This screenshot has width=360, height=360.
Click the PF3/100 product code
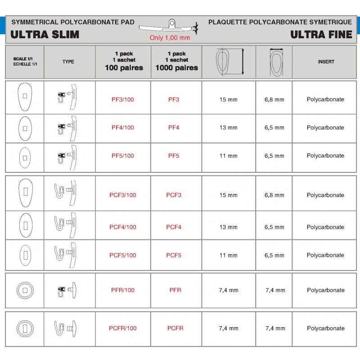122,99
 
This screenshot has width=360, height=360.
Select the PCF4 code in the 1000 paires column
174,227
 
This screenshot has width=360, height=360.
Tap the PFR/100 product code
122,290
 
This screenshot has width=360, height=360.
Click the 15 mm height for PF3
229,99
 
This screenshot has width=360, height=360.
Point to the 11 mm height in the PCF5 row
229,256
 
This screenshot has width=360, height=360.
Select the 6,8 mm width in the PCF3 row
274,195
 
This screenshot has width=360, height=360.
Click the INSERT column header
326,62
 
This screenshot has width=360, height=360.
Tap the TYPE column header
68,62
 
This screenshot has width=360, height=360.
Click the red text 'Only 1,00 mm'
170,38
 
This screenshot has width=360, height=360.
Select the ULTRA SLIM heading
45,35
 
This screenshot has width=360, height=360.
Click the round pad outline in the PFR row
25,290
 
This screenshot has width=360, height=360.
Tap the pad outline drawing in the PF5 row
25,157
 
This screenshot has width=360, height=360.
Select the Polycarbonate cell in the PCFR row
325,328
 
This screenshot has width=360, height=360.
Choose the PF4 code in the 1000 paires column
174,128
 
